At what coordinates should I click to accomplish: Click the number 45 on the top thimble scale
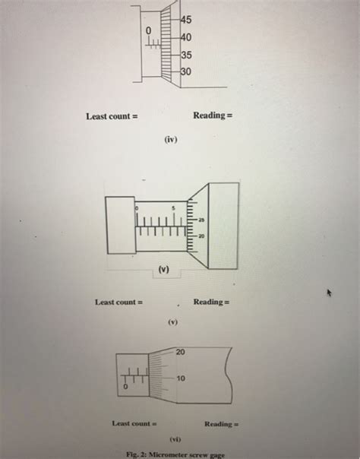tap(187, 21)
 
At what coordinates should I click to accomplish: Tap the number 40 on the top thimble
tap(187, 37)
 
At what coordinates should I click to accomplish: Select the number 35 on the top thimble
tap(187, 55)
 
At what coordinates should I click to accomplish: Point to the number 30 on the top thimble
tap(187, 72)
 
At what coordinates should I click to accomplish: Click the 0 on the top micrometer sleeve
tap(150, 30)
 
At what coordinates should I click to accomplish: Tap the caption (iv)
tap(169, 140)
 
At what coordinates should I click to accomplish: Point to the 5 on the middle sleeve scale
tap(173, 207)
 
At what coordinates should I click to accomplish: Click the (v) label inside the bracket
tap(164, 269)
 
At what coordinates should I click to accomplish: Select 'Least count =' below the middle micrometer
tap(118, 302)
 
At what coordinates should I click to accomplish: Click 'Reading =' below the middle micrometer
tap(211, 302)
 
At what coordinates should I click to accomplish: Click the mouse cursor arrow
tap(330, 293)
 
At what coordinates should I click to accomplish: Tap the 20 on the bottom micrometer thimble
tap(180, 352)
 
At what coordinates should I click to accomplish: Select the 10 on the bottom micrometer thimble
tap(181, 378)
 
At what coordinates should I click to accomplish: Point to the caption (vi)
tap(175, 439)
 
